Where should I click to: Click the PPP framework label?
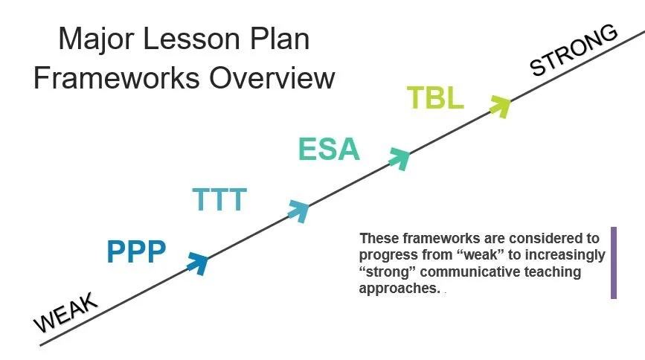[135, 252]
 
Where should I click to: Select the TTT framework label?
[219, 200]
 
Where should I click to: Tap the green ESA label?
[329, 149]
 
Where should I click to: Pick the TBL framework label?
[435, 99]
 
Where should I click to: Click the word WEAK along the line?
[65, 312]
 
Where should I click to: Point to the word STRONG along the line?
[574, 51]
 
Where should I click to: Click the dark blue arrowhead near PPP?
[197, 263]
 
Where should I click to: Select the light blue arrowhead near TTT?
[299, 210]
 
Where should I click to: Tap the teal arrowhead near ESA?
[400, 158]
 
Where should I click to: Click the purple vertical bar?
[614, 263]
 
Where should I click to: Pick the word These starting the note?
[379, 239]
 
